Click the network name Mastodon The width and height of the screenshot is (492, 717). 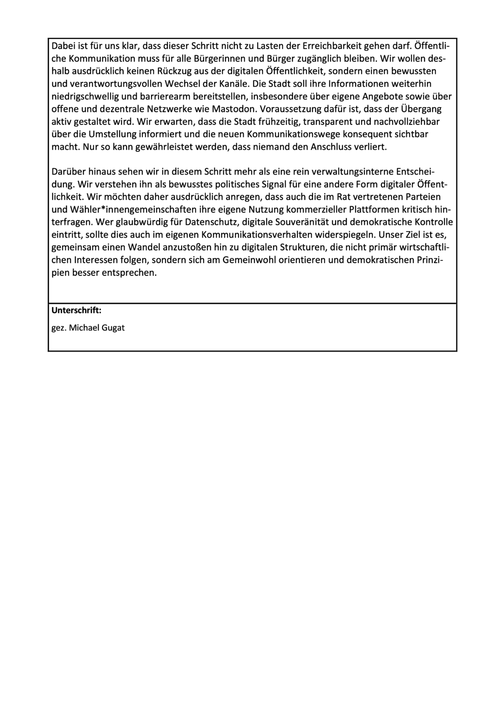click(232, 109)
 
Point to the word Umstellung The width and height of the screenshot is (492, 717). click(110, 135)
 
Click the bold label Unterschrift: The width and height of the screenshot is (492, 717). click(77, 310)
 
